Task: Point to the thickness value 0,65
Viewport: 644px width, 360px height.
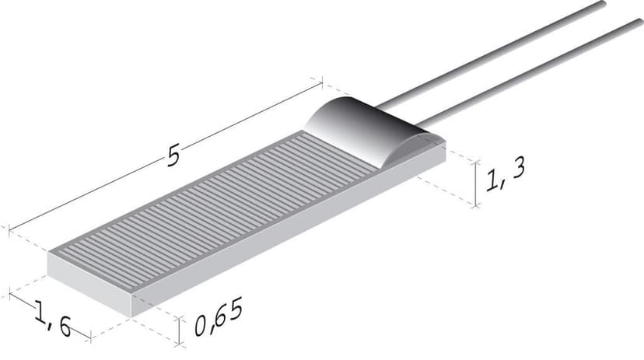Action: coord(219,317)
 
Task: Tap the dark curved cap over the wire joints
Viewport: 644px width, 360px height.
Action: coord(350,128)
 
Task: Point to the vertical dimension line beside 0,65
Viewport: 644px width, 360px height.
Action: coord(180,330)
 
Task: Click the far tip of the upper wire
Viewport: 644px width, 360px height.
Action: coord(602,5)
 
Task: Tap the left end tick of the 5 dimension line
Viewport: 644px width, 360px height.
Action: coord(9,230)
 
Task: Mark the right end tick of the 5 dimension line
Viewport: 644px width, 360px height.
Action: coord(320,79)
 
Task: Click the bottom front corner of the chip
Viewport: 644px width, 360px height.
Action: coord(133,314)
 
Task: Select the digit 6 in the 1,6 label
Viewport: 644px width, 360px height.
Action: coord(62,327)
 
